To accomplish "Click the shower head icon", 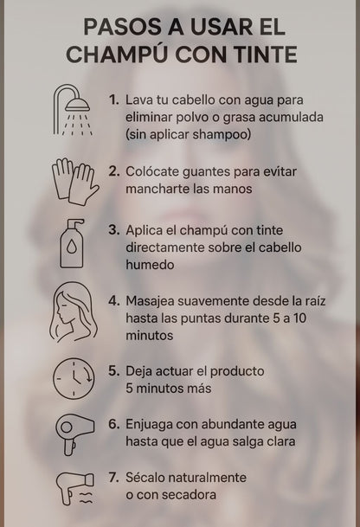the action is point(73,110).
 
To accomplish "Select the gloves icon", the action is point(75,181).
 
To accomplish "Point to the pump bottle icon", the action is point(72,243).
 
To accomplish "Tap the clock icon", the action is point(74,378).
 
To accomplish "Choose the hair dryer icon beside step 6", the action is point(74,435).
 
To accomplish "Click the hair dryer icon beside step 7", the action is point(75,488).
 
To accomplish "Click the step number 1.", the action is point(113,100).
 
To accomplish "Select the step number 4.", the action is point(114,300).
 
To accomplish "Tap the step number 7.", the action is point(114,478).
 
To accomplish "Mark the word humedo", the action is point(150,265).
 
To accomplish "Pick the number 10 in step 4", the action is point(299,318).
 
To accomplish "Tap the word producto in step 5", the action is point(237,372).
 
